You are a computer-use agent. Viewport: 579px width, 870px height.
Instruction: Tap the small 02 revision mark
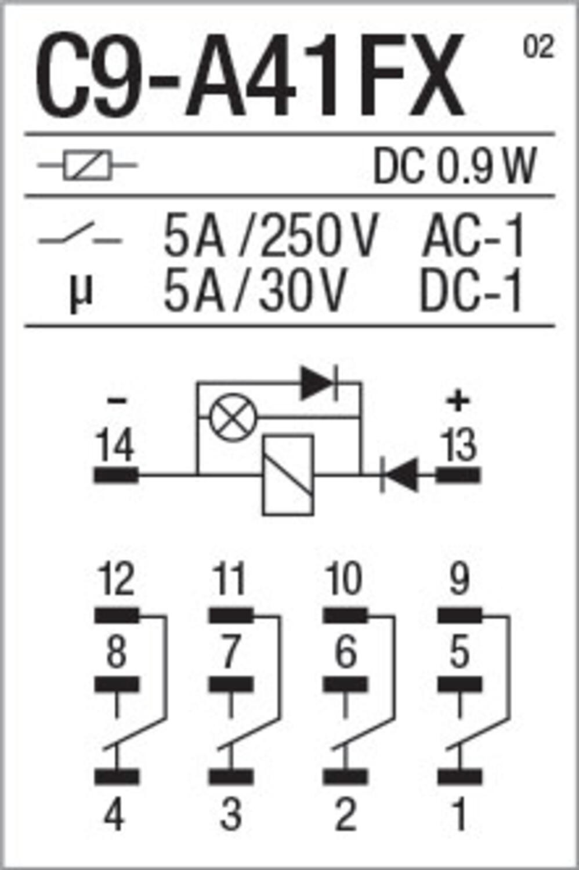pyautogui.click(x=538, y=47)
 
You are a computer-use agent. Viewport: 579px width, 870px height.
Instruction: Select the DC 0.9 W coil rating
pyautogui.click(x=455, y=165)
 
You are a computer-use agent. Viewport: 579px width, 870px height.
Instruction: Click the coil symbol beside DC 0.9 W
pyautogui.click(x=88, y=165)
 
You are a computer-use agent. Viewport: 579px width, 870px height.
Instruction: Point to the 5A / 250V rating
pyautogui.click(x=270, y=235)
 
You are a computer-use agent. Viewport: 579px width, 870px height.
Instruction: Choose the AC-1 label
pyautogui.click(x=473, y=235)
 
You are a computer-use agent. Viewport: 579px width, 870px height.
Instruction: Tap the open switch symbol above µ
pyautogui.click(x=79, y=235)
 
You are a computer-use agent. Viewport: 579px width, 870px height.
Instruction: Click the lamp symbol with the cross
pyautogui.click(x=233, y=417)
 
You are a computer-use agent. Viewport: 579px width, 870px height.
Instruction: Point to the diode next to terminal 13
pyautogui.click(x=400, y=474)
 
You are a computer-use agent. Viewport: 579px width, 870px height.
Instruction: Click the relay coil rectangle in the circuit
pyautogui.click(x=288, y=475)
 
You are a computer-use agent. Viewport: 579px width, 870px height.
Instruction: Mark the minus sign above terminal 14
pyautogui.click(x=116, y=401)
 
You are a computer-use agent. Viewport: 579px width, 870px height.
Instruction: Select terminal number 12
pyautogui.click(x=116, y=579)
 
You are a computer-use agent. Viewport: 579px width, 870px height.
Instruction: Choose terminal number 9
pyautogui.click(x=459, y=579)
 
